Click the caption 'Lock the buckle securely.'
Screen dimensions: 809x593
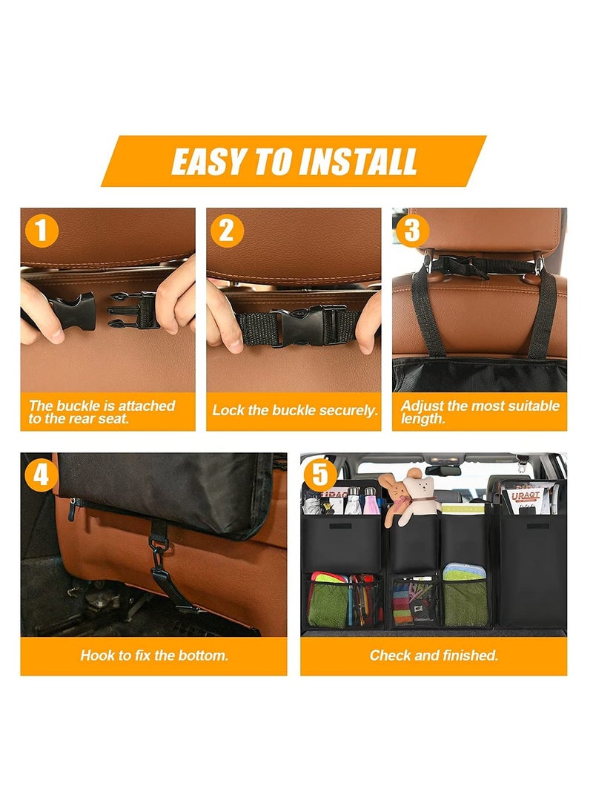[294, 411]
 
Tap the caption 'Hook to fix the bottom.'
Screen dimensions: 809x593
[153, 656]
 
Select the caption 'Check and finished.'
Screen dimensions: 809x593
[434, 656]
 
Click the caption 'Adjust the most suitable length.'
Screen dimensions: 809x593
[480, 412]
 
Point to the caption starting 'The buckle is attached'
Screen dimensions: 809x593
[102, 412]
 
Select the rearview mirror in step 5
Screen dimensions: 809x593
[443, 469]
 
